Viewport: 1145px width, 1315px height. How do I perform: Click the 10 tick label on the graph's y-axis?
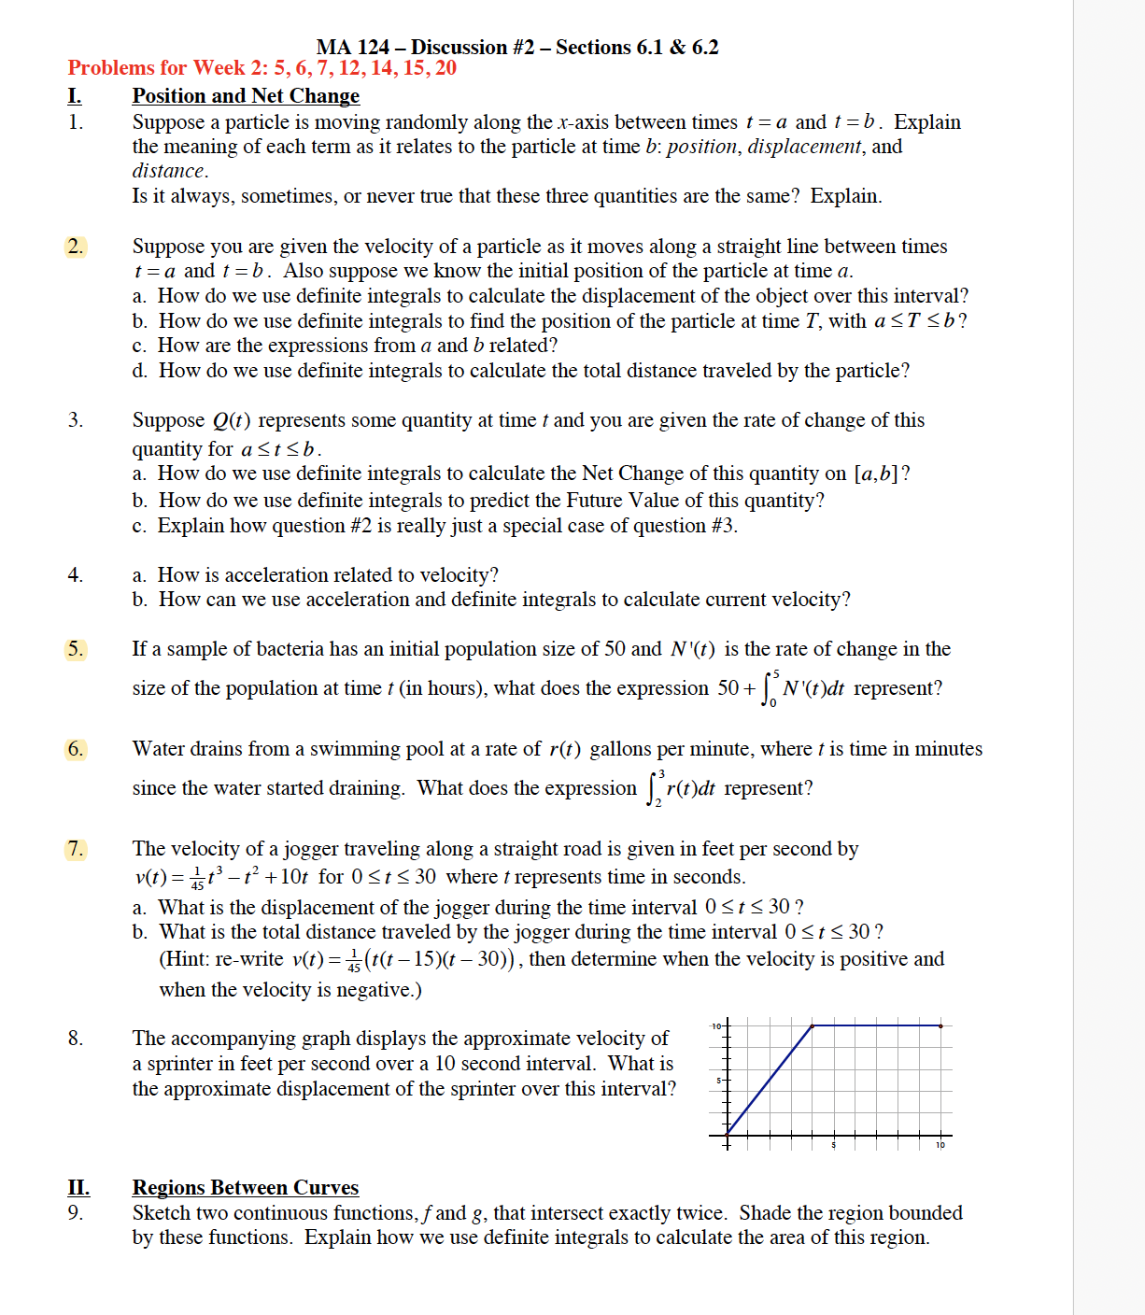point(715,1026)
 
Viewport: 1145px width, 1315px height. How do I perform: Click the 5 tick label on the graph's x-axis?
point(834,1145)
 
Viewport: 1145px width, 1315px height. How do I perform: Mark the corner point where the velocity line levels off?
point(812,1025)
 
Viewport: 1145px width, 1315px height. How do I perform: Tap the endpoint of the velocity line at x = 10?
point(940,1025)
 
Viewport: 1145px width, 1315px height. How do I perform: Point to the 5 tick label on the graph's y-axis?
point(718,1081)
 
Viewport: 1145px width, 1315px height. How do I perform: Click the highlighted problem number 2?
point(75,247)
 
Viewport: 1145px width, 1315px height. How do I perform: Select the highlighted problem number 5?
point(75,649)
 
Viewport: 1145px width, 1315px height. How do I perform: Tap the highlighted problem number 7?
point(75,849)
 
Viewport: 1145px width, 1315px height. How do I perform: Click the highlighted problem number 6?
point(75,749)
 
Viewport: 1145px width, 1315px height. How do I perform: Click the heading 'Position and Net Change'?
point(246,96)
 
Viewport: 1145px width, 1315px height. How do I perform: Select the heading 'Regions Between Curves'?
point(246,1188)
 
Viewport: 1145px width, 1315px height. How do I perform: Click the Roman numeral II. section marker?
point(78,1188)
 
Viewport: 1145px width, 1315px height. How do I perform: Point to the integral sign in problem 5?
point(768,689)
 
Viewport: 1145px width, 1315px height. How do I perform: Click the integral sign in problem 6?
point(652,789)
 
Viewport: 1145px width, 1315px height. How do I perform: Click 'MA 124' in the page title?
point(352,48)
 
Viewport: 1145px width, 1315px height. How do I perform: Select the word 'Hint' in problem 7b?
point(186,959)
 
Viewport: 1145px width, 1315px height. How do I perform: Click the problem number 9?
point(75,1213)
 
